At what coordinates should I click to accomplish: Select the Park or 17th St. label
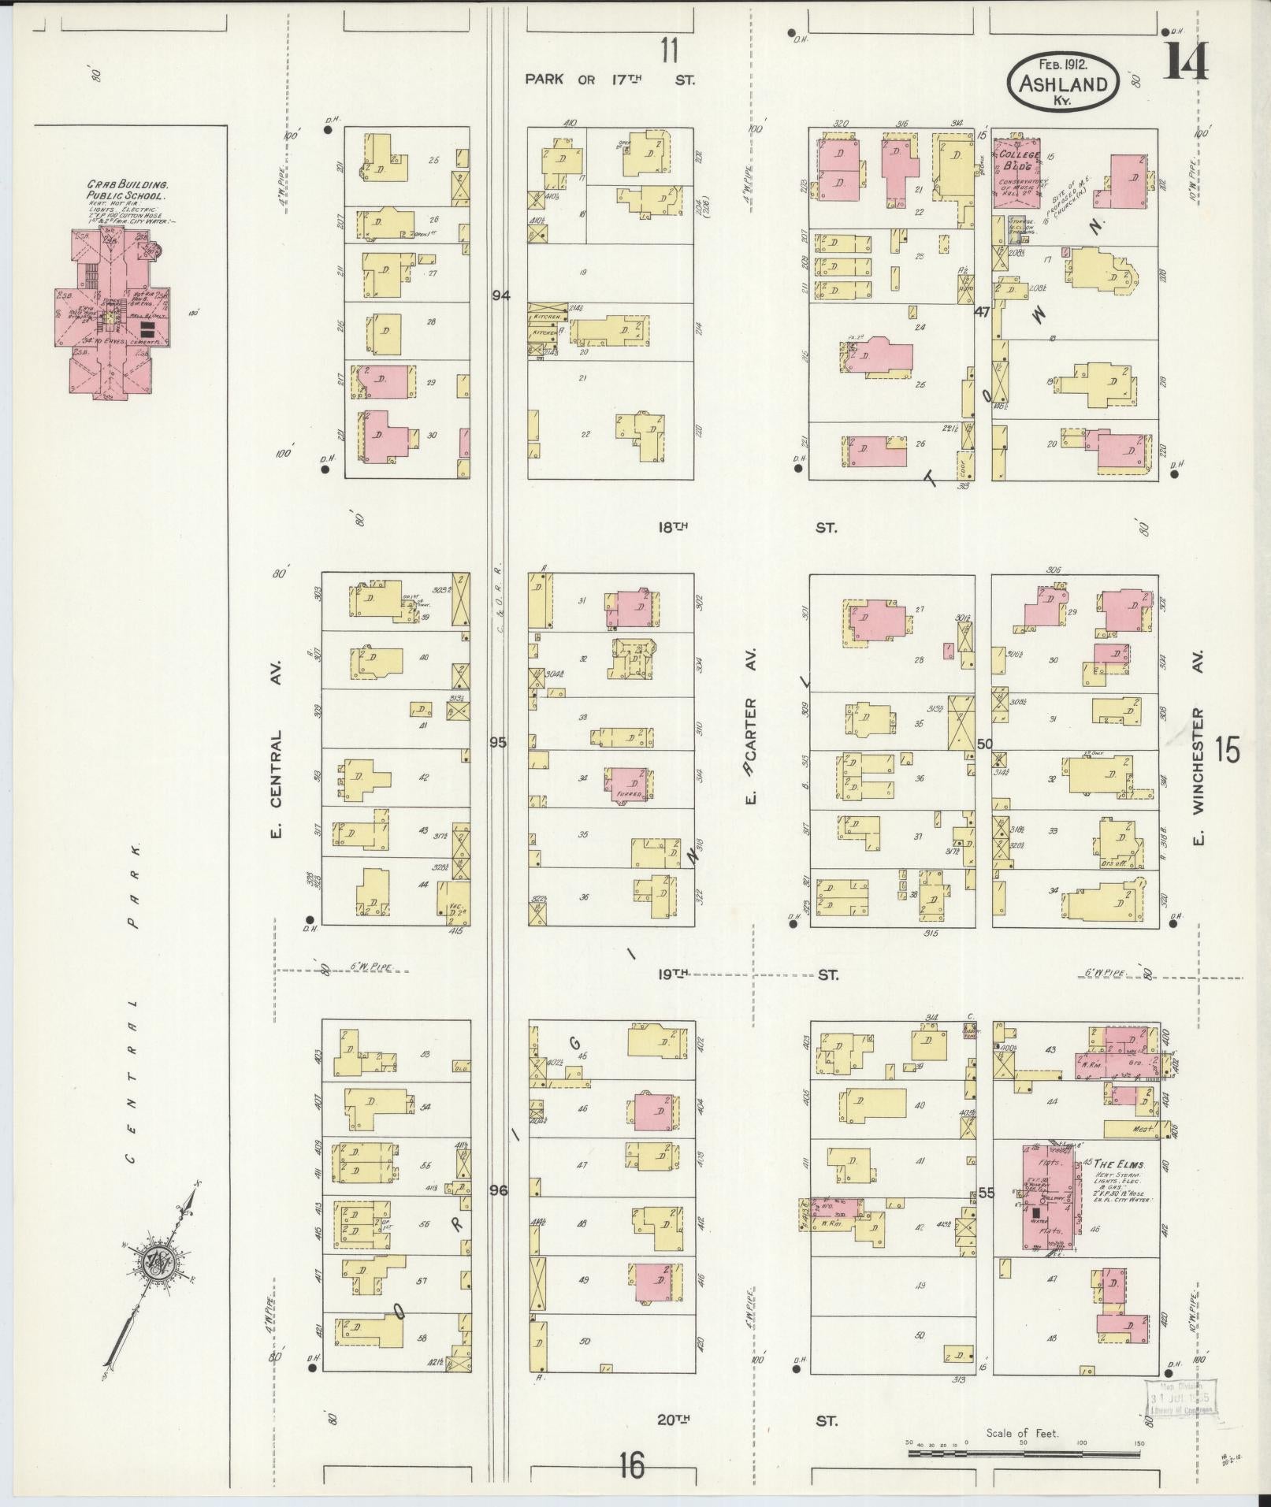610,80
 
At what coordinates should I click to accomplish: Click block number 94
500,295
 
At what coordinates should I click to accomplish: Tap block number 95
498,742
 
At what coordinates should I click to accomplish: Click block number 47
981,312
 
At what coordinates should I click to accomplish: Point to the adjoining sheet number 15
1226,750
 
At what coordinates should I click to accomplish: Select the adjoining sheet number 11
669,50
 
